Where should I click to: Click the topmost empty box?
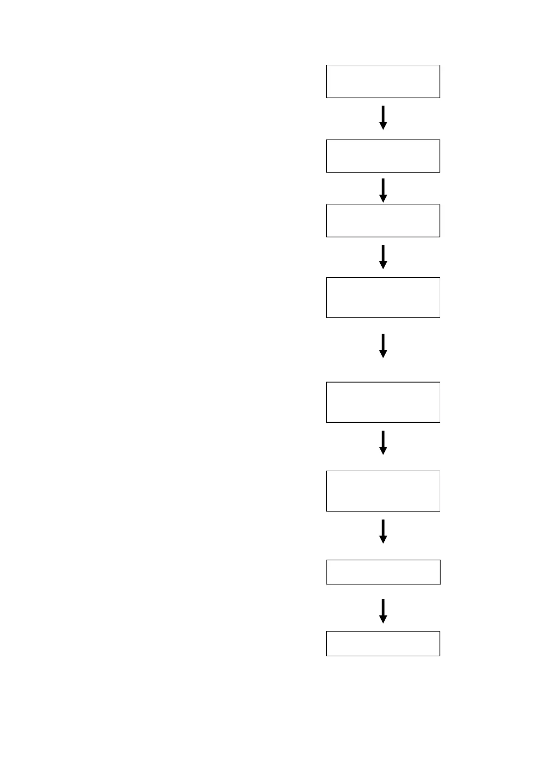(x=383, y=81)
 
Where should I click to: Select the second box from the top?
(x=383, y=156)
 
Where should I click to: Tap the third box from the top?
(x=383, y=221)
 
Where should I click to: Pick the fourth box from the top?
(x=383, y=298)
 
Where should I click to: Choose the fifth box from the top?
(x=383, y=402)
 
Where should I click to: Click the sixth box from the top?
(x=383, y=491)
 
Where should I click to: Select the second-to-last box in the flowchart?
(x=383, y=572)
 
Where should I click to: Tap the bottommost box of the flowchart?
(x=383, y=644)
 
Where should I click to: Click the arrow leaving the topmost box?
(x=383, y=117)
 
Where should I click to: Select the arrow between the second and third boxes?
(x=383, y=190)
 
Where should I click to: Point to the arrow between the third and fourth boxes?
(x=383, y=257)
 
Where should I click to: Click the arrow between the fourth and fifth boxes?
(x=383, y=346)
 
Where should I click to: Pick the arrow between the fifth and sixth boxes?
(x=383, y=442)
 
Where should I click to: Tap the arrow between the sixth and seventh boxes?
(x=383, y=531)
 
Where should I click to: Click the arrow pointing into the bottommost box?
(x=383, y=611)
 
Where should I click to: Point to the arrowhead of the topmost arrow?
(x=383, y=126)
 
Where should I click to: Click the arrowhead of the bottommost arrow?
(x=383, y=619)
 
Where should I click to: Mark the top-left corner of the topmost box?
(x=326, y=65)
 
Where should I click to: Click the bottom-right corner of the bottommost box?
(x=440, y=656)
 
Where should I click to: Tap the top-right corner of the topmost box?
(x=440, y=65)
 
